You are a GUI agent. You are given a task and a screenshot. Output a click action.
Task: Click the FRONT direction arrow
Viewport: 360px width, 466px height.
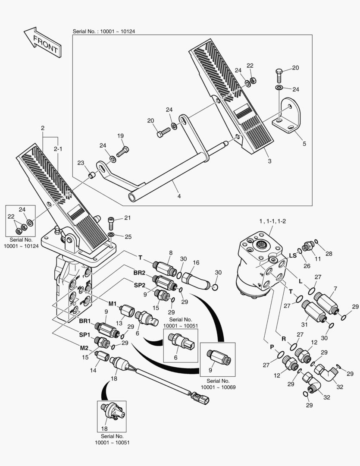point(42,41)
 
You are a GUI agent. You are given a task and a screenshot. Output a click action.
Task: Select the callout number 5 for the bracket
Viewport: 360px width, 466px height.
point(304,144)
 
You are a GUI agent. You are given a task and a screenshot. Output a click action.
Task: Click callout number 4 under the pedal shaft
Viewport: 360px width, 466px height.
point(179,196)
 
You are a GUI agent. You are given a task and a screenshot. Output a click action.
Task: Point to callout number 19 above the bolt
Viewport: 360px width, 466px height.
point(121,136)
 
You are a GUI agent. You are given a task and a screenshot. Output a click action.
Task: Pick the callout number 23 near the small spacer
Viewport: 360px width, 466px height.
point(81,163)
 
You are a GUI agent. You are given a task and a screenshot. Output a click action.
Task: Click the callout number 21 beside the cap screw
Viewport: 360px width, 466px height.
point(127,218)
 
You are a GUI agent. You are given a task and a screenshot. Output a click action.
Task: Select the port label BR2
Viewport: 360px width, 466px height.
point(139,274)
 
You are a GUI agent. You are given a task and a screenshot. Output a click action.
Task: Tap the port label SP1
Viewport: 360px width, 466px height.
point(84,334)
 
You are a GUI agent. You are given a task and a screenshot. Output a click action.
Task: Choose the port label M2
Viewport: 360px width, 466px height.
point(85,348)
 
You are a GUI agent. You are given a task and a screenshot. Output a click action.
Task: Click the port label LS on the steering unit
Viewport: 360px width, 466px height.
point(292,256)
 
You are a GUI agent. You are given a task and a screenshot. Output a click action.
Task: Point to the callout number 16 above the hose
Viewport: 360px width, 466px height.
point(196,262)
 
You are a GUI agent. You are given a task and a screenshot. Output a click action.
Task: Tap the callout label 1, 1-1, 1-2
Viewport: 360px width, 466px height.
point(272,221)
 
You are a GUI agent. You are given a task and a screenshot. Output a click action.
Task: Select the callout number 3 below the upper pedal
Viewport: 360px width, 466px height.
point(269,161)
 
